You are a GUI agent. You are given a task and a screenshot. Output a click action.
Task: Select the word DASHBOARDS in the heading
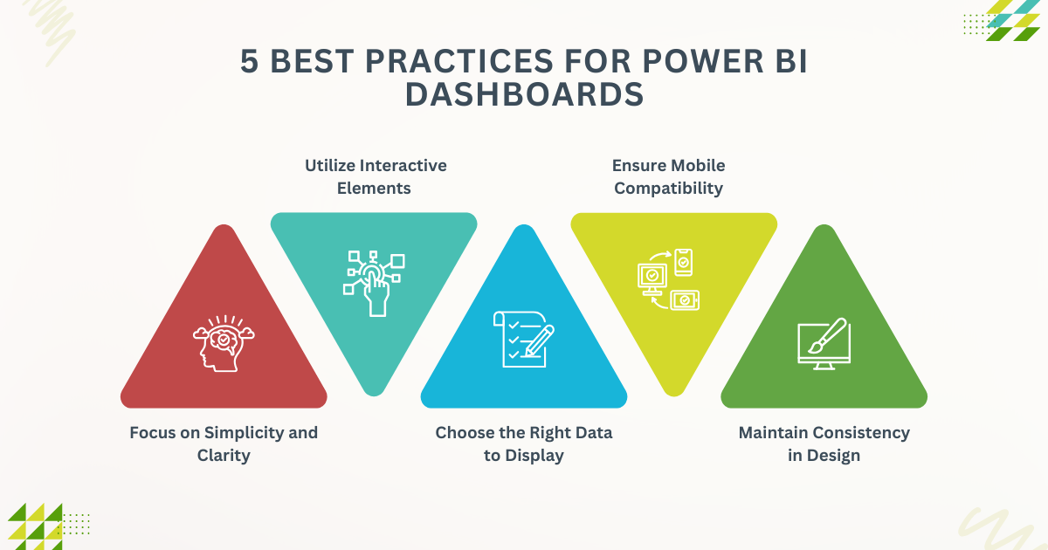click(524, 94)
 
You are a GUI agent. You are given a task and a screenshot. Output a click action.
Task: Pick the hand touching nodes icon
click(374, 281)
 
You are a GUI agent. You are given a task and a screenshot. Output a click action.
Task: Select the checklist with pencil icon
click(523, 337)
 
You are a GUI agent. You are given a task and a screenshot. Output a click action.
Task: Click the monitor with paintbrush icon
click(823, 344)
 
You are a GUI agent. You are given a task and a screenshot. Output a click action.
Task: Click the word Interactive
click(403, 165)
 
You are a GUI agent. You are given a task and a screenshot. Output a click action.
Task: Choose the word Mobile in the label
click(695, 165)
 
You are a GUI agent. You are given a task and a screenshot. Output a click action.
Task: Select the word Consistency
click(857, 432)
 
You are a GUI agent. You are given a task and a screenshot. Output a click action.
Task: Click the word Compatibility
click(669, 188)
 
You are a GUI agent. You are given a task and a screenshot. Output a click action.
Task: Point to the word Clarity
click(224, 455)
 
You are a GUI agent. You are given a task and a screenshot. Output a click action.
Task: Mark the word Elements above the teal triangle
click(374, 188)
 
